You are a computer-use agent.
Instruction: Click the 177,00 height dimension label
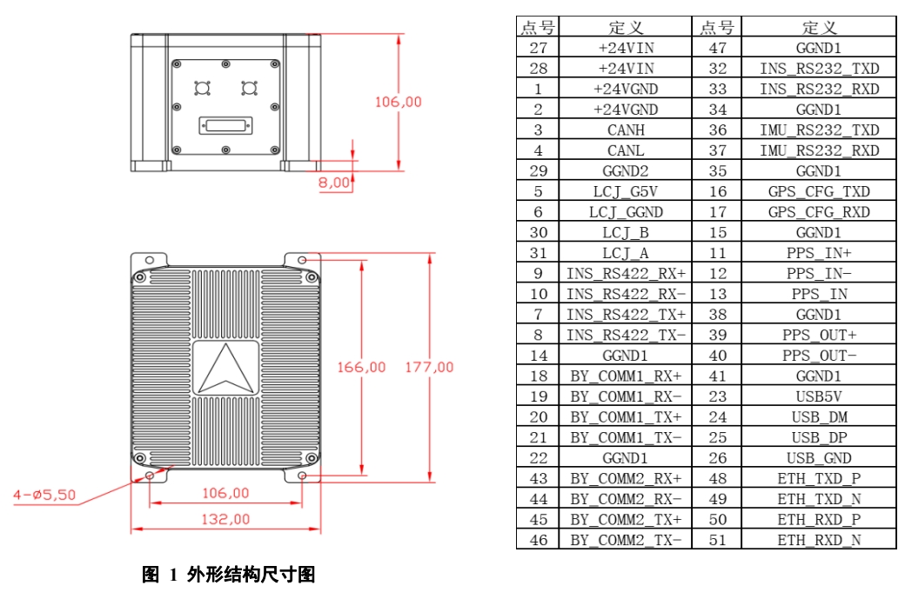tap(429, 368)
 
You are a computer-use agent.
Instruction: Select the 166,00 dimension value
tap(361, 368)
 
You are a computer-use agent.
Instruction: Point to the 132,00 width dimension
tap(225, 519)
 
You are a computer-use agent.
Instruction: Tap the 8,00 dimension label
tap(335, 183)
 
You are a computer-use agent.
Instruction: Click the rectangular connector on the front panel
tap(225, 126)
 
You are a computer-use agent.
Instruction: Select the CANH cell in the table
tap(626, 130)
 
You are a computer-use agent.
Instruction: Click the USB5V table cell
tap(818, 396)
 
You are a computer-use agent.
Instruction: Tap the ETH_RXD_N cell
tap(818, 540)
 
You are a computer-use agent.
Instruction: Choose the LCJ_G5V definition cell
tap(626, 191)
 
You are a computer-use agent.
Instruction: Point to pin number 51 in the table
tap(717, 540)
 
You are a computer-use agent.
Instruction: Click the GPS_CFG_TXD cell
tap(818, 191)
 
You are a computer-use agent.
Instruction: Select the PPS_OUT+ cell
tap(818, 335)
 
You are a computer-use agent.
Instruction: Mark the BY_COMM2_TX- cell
tap(626, 540)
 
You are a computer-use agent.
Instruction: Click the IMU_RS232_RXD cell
tap(818, 150)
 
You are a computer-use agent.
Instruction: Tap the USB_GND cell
tap(818, 458)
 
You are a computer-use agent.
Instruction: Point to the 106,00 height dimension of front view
tap(398, 102)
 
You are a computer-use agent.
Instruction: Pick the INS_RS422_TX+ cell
tap(626, 315)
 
